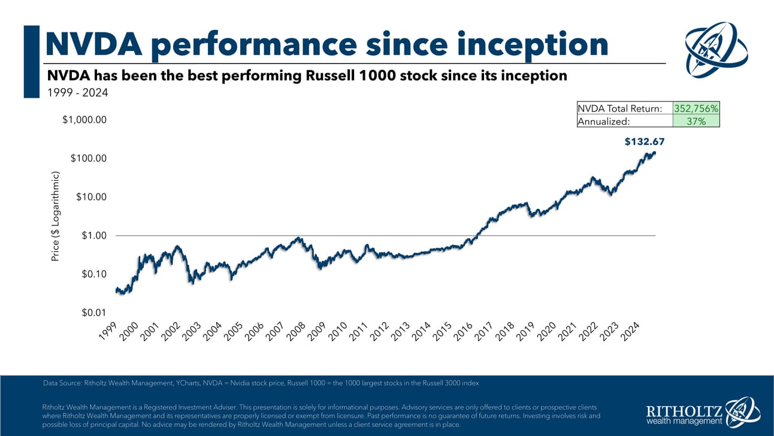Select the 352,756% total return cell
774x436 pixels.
[696, 109]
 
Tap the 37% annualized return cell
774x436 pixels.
[696, 121]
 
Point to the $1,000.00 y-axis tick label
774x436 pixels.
[84, 119]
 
